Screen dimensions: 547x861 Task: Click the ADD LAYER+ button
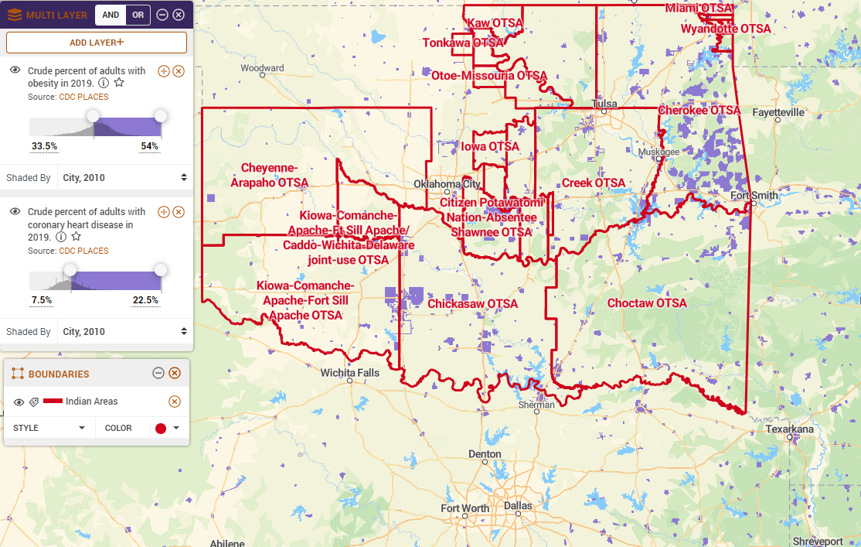97,43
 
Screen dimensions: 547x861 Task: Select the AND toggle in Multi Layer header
110,15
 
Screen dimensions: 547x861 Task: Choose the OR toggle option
138,15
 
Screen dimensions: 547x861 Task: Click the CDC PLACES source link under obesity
83,97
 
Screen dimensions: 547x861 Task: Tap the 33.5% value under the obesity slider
44,146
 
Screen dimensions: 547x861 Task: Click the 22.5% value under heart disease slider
145,300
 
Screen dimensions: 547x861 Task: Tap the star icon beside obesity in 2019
119,83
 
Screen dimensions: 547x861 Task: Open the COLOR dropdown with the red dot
167,428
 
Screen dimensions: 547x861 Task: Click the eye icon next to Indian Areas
19,402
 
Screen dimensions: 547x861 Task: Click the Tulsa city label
604,104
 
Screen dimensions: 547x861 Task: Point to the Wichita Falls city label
350,373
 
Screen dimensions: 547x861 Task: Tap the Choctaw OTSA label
647,303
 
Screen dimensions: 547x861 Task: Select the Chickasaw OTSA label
472,304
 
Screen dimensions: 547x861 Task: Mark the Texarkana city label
789,429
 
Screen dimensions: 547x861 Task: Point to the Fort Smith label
754,196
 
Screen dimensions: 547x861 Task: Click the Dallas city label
518,506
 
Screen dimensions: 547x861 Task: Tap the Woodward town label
262,68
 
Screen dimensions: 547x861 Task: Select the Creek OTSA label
594,183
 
